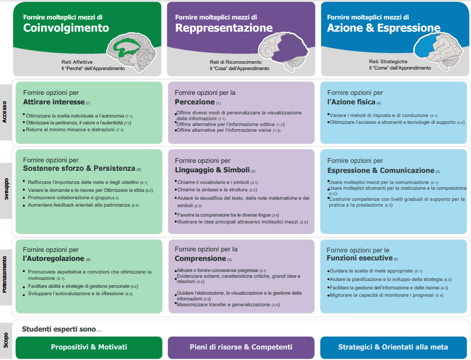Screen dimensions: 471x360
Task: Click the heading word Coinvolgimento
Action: pos(66,28)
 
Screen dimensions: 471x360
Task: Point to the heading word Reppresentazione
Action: pos(224,28)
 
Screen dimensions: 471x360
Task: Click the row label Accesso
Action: pos(5,112)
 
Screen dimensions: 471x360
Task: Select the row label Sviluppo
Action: pos(6,189)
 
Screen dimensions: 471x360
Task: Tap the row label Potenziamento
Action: pos(5,275)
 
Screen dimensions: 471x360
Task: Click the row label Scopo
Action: pos(6,340)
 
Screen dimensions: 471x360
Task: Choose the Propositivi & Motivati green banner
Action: pos(89,347)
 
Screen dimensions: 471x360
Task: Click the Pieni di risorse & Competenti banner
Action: pos(241,347)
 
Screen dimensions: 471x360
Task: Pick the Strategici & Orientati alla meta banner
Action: pos(393,347)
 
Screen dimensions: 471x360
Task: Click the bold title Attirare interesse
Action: pos(54,102)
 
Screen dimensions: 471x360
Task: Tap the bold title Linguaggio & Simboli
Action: pos(213,170)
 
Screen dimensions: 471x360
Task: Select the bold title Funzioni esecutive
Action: pos(360,258)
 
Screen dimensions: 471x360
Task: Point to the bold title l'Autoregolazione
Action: pos(53,258)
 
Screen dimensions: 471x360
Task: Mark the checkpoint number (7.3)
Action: pos(120,130)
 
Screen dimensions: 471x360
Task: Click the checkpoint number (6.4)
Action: pos(439,296)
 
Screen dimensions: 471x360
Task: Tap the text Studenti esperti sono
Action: pos(59,329)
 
